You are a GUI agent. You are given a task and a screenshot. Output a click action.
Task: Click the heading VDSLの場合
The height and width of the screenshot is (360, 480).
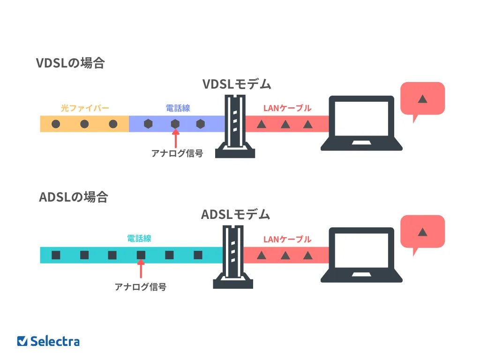click(70, 63)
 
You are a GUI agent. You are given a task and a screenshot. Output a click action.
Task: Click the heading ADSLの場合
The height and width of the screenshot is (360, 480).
click(74, 197)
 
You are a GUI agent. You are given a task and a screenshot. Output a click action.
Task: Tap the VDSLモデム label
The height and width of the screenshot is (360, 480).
click(237, 84)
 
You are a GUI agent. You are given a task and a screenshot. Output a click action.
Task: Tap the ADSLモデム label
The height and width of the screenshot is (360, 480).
click(235, 215)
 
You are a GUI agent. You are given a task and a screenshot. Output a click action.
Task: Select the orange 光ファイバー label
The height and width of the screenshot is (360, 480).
click(85, 108)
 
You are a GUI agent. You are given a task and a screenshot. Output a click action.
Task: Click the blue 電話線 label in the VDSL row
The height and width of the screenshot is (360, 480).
click(178, 108)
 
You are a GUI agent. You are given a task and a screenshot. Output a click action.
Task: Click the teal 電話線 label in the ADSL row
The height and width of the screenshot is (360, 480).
click(139, 239)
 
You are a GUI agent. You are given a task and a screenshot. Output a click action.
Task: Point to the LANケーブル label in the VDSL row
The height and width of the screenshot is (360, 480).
click(287, 108)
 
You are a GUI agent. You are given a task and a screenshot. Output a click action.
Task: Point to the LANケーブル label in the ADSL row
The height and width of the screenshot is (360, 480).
click(287, 240)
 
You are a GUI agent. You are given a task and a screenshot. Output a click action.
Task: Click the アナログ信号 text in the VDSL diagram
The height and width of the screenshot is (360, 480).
click(177, 153)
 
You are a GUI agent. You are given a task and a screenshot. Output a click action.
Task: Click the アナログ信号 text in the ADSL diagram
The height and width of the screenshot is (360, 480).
click(141, 287)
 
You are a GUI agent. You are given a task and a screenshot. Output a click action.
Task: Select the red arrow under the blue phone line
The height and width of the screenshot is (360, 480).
click(175, 139)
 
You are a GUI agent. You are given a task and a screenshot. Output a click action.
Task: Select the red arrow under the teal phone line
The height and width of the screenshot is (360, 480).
click(141, 269)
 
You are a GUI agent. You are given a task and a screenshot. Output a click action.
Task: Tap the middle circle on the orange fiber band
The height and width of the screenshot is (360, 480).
click(84, 124)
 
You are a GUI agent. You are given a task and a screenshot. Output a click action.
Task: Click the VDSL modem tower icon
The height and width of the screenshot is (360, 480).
click(235, 126)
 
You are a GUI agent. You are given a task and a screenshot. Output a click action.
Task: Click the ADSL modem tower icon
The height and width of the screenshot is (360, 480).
click(233, 257)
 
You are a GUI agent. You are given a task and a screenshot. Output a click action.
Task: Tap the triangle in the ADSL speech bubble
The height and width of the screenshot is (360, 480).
click(422, 232)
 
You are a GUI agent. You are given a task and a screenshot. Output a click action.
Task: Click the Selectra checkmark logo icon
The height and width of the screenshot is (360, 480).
click(22, 341)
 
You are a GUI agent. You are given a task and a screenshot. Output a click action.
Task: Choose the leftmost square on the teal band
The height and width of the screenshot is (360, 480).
click(56, 255)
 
